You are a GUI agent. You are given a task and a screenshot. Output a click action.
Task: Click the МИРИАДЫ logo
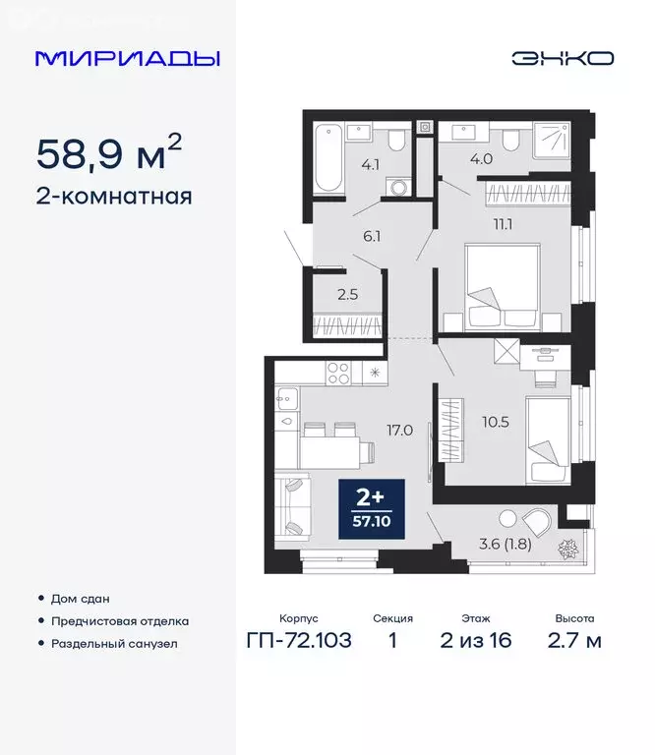[x=127, y=58]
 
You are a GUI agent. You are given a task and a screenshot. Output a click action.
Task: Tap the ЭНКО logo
[x=563, y=58]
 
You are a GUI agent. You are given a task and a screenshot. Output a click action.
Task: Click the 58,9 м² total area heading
[x=109, y=153]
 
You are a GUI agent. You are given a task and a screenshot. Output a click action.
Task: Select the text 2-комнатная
[x=113, y=196]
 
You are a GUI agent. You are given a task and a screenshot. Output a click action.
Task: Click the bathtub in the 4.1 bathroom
[x=326, y=157]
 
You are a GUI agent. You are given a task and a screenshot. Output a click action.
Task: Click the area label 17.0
[x=397, y=430]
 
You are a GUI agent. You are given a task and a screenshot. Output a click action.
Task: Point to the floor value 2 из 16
[x=476, y=642]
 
